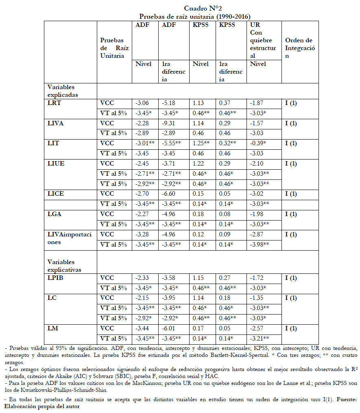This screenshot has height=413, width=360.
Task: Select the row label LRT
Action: coord(54,103)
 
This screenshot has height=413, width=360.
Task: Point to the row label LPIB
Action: coord(56,278)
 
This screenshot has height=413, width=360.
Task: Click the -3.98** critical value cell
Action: coord(260,245)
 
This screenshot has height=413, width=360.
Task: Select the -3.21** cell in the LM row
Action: coord(260,339)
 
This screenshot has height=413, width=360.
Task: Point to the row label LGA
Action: coord(55,214)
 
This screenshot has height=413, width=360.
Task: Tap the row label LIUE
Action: coord(56,164)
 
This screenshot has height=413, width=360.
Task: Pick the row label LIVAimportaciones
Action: coord(70,238)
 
